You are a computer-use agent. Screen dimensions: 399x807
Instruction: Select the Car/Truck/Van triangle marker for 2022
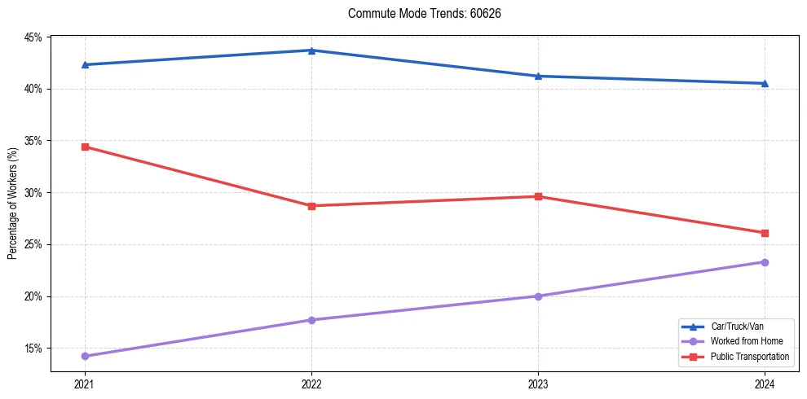tap(311, 50)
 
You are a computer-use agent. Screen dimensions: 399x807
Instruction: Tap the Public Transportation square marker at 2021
tap(85, 147)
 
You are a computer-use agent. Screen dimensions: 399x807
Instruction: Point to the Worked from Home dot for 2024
tap(765, 262)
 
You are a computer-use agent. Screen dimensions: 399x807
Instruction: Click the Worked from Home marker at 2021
tap(85, 356)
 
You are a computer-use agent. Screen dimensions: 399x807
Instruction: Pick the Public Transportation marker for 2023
tap(538, 196)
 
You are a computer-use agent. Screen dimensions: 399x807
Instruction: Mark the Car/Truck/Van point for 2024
tap(765, 83)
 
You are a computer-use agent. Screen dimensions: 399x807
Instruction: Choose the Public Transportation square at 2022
tap(311, 206)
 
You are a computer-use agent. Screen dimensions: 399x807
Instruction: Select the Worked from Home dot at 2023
tap(538, 296)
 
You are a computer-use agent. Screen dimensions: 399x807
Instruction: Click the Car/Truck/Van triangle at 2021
tap(85, 64)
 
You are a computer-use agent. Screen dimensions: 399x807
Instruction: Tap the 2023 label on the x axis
tap(538, 384)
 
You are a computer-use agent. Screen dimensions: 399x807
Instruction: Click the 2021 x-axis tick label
tap(85, 384)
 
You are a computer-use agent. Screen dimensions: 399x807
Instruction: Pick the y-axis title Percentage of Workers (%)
tap(12, 204)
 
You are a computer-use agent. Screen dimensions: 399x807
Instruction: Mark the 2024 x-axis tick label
tap(765, 384)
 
